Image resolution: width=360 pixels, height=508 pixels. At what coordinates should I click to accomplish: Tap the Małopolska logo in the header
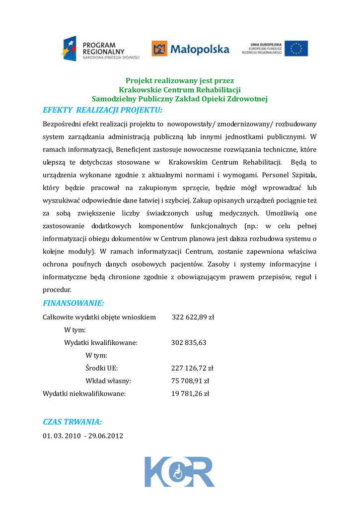tap(191, 49)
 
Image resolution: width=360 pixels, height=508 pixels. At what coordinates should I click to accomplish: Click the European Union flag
tap(296, 49)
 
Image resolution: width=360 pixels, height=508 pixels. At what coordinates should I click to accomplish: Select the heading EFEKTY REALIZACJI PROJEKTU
tap(103, 110)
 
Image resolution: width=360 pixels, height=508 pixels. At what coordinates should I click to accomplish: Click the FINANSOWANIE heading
tap(73, 303)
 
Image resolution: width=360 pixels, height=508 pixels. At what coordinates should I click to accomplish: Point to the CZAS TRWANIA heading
tap(72, 422)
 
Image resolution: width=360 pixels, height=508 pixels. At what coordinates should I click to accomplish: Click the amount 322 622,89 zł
tap(193, 317)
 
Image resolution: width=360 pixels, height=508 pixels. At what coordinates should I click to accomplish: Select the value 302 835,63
tap(189, 342)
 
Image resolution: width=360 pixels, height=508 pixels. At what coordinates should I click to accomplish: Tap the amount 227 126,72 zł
tap(192, 368)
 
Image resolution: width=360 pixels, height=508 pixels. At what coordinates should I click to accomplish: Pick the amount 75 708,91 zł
tap(190, 381)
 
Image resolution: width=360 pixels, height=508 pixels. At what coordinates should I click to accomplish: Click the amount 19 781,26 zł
tap(190, 394)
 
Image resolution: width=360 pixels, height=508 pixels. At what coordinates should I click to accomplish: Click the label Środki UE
tap(102, 368)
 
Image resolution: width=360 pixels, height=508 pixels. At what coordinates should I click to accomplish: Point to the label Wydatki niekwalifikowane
tap(84, 394)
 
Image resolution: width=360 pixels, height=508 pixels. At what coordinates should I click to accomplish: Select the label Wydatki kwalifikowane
tap(101, 342)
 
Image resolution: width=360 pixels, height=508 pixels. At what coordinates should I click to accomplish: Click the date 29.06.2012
tap(106, 436)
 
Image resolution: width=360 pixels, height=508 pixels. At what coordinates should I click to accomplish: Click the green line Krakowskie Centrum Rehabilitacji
tap(180, 90)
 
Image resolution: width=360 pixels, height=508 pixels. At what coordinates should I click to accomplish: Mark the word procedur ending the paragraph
tap(57, 289)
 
